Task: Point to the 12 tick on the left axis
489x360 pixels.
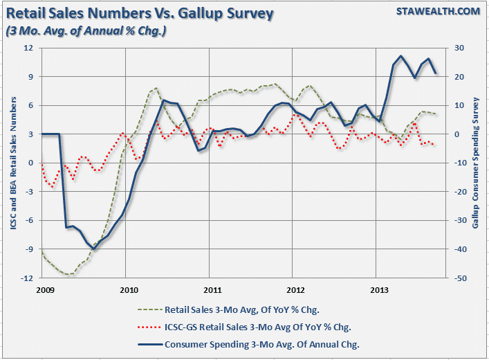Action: pos(28,48)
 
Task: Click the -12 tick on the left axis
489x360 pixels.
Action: pos(27,278)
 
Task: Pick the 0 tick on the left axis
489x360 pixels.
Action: pos(30,163)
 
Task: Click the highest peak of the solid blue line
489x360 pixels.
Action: pos(402,55)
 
